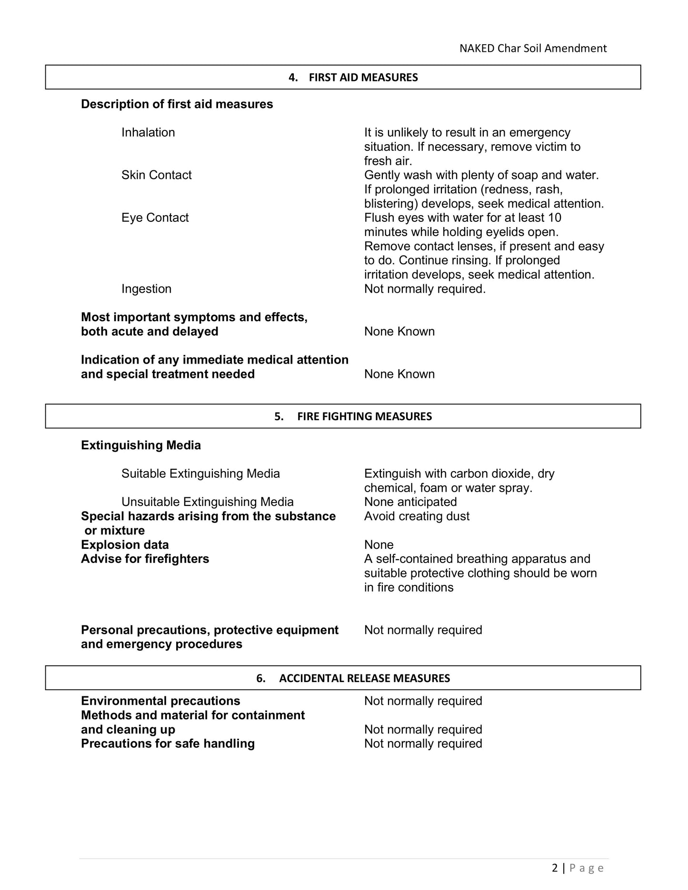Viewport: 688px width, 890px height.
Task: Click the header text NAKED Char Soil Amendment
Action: pos(533,49)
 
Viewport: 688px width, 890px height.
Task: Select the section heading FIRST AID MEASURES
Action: pos(363,78)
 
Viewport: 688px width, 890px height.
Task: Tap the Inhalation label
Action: pos(148,132)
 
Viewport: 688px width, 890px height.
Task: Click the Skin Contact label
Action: pos(156,175)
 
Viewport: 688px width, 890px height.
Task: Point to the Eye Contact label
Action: pos(155,218)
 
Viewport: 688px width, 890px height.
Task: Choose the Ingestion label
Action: pos(146,289)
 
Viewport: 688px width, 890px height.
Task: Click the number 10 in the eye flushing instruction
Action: pos(555,218)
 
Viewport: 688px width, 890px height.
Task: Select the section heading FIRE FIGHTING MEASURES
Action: pos(364,416)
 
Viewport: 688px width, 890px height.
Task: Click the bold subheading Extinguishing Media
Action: pos(141,445)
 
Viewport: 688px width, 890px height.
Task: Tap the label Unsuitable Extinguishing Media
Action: pos(207,502)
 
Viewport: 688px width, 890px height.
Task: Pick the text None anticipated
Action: pos(410,502)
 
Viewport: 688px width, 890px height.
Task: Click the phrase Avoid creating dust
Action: pos(417,516)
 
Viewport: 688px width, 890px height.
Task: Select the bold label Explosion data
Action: pos(125,545)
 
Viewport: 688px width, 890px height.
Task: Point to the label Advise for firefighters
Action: pos(145,559)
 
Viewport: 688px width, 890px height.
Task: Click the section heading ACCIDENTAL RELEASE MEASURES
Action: pos(364,678)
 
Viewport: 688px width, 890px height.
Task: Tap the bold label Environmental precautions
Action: pos(160,701)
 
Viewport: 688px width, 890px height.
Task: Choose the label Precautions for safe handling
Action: pos(168,743)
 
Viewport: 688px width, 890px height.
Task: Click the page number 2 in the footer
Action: pos(555,868)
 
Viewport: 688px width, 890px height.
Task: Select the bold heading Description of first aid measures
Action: pos(177,104)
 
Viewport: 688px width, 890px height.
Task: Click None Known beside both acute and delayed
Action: pos(399,332)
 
